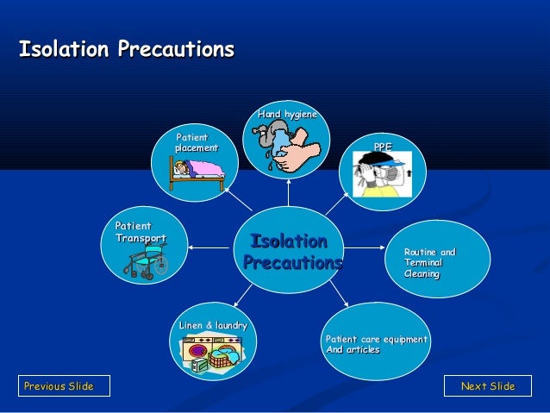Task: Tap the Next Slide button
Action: [x=487, y=385]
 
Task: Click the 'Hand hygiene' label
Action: [x=287, y=115]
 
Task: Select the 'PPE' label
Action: [x=382, y=147]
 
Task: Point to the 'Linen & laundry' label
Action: [x=213, y=325]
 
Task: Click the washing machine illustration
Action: [x=211, y=354]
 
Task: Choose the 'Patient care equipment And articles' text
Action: [x=375, y=344]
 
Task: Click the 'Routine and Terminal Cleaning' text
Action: [x=429, y=262]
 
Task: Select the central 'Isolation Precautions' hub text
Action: [x=291, y=251]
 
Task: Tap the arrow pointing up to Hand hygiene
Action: [x=289, y=193]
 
